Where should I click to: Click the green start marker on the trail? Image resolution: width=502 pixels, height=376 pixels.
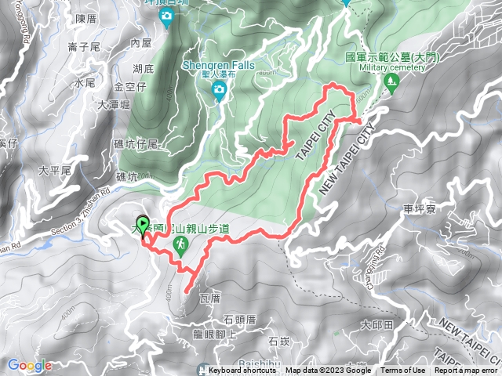click(x=142, y=226)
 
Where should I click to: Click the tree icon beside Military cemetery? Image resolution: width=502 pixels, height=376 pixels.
click(x=389, y=81)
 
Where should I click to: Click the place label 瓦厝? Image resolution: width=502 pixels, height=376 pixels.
click(x=211, y=298)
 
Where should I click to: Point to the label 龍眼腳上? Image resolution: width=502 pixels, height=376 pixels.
click(x=215, y=333)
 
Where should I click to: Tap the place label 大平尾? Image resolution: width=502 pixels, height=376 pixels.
click(x=55, y=170)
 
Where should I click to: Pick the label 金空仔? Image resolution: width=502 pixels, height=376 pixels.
click(x=130, y=85)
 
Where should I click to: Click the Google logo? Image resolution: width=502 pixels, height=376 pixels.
click(x=29, y=365)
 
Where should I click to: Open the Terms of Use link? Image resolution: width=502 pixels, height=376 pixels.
click(x=403, y=371)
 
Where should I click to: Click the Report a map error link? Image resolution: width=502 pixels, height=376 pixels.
click(x=467, y=371)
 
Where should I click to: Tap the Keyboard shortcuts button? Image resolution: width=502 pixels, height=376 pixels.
click(x=243, y=371)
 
